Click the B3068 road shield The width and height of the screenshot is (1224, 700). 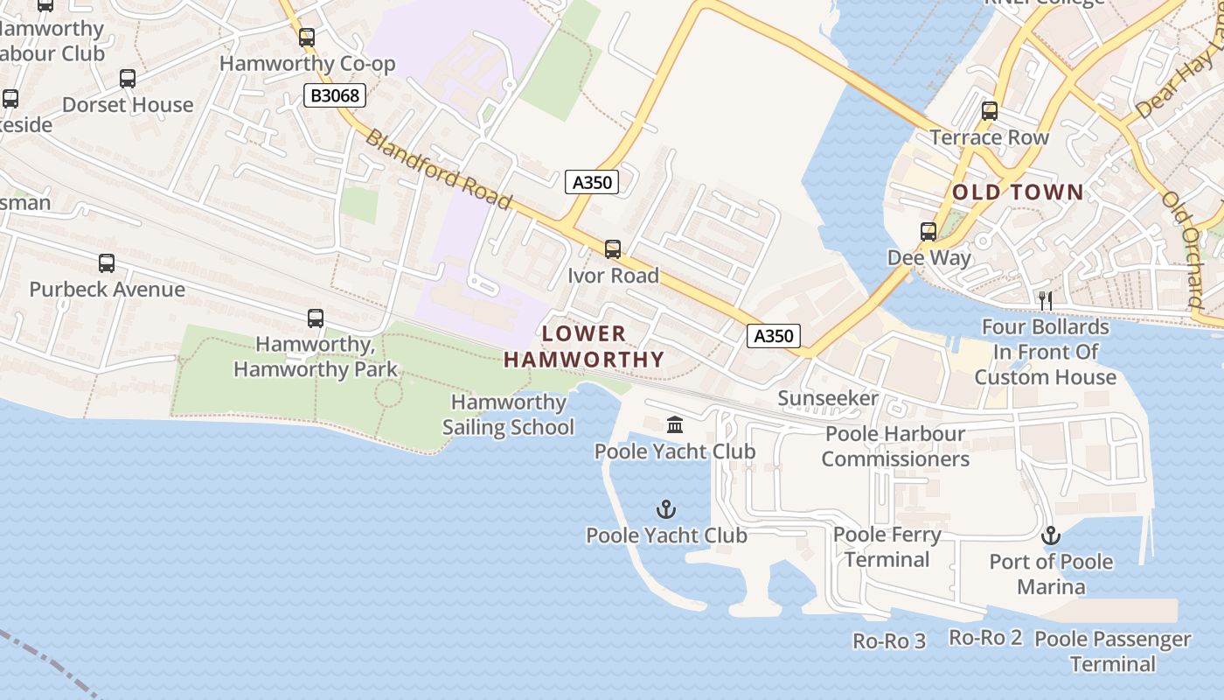tap(335, 95)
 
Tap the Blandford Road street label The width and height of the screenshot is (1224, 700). tap(437, 170)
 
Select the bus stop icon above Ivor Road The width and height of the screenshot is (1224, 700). tap(613, 249)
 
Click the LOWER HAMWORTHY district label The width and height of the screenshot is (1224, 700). tap(584, 346)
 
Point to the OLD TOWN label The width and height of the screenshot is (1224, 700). tap(1018, 192)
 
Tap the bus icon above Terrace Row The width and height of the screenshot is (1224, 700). tap(990, 111)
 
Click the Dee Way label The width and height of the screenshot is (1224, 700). tap(928, 258)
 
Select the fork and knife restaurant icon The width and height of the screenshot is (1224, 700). tap(1045, 300)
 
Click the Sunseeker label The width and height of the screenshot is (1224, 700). tap(828, 399)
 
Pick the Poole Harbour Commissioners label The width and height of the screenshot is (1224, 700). tap(895, 446)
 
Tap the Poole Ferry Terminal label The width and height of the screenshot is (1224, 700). tap(887, 547)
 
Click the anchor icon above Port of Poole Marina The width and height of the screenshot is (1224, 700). tap(1050, 535)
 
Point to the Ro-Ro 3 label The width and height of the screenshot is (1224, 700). tap(889, 641)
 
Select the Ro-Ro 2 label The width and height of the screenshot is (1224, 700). tap(985, 638)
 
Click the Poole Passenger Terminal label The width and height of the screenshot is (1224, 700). tap(1112, 651)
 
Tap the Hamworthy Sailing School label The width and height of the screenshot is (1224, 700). tap(508, 415)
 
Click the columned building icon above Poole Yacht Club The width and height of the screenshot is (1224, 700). tap(675, 425)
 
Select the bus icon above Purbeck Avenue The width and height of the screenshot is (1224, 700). tap(107, 262)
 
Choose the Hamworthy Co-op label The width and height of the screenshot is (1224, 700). tap(307, 64)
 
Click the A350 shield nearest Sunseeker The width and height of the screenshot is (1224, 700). tap(774, 336)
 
